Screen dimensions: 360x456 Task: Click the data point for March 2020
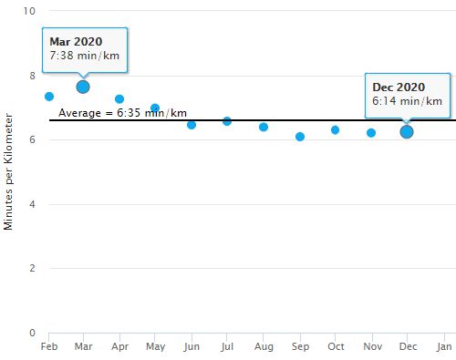pyautogui.click(x=83, y=87)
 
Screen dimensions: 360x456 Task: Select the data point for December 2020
pyautogui.click(x=407, y=132)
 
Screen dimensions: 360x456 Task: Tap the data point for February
pyautogui.click(x=49, y=97)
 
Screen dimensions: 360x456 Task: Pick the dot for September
pyautogui.click(x=300, y=137)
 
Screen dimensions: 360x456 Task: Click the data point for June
pyautogui.click(x=192, y=125)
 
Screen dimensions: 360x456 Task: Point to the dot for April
pyautogui.click(x=119, y=98)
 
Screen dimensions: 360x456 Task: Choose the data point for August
pyautogui.click(x=264, y=127)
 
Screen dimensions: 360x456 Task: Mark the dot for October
pyautogui.click(x=336, y=130)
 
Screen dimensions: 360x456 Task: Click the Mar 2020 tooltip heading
pyautogui.click(x=76, y=42)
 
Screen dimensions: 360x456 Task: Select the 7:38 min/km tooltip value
pyautogui.click(x=84, y=57)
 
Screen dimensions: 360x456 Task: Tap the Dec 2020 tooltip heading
pyautogui.click(x=399, y=87)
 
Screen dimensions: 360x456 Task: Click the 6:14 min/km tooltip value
pyautogui.click(x=407, y=101)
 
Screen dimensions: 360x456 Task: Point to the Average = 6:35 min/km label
pyautogui.click(x=122, y=113)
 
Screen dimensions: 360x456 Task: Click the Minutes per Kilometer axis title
pyautogui.click(x=9, y=171)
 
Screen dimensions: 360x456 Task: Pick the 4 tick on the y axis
pyautogui.click(x=32, y=204)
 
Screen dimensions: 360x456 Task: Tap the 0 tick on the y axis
pyautogui.click(x=32, y=333)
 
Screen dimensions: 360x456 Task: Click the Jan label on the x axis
pyautogui.click(x=444, y=347)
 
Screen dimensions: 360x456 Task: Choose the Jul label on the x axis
pyautogui.click(x=227, y=347)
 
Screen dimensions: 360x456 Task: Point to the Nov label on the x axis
pyautogui.click(x=371, y=347)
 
